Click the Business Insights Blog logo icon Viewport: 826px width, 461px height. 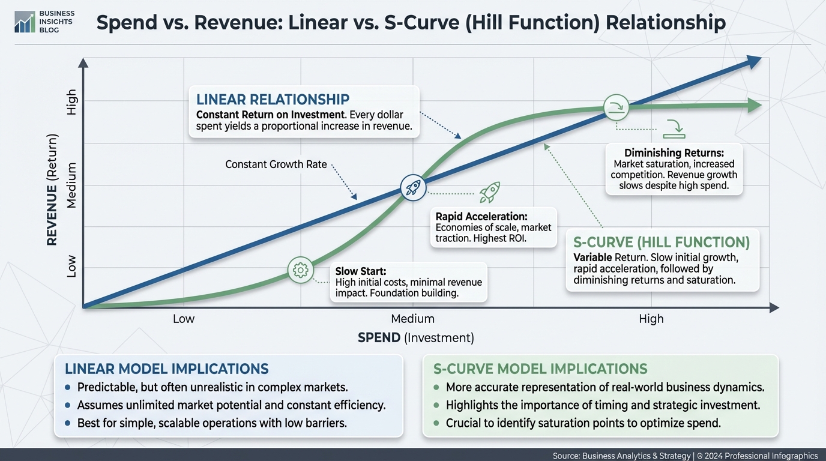pos(25,22)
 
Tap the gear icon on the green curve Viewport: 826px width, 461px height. pos(301,270)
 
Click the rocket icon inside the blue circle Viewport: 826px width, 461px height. pos(413,188)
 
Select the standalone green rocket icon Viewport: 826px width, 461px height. pos(490,192)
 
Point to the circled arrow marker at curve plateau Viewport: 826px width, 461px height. pos(616,107)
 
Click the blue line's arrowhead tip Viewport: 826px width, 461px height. pos(761,58)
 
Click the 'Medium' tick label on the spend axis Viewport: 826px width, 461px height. pos(412,319)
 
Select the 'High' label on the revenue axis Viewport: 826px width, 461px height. pos(71,102)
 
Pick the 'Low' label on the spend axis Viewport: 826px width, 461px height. pos(184,319)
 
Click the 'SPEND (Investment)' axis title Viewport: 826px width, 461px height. pos(416,338)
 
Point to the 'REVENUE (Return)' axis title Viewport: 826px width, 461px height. pos(52,190)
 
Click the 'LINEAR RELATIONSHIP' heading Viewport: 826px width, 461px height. pos(273,100)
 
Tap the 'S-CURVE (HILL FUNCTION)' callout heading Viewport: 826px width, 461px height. pos(662,243)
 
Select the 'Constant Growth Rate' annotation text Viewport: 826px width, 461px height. pos(276,164)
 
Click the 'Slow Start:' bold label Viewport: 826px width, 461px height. pos(361,271)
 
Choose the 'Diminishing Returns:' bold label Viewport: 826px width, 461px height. pos(674,152)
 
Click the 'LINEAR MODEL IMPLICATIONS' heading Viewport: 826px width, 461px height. pos(167,369)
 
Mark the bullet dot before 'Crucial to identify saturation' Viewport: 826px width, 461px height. pos(436,423)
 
